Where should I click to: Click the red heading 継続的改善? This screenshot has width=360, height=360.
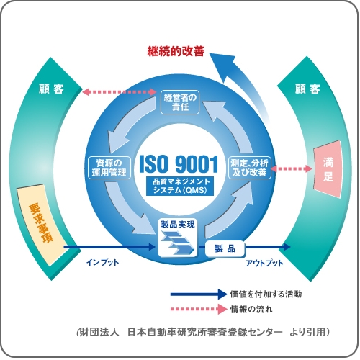[x=176, y=51]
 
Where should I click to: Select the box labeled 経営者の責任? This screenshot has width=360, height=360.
[x=180, y=102]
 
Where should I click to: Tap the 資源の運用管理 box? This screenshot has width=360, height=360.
[x=109, y=168]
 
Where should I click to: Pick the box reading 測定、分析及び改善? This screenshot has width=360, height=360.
[x=250, y=168]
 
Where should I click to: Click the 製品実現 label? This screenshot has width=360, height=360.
[x=178, y=225]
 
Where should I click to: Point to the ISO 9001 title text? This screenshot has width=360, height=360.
[x=179, y=164]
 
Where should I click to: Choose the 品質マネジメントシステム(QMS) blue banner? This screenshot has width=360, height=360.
[x=180, y=186]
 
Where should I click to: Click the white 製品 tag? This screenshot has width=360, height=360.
[x=225, y=248]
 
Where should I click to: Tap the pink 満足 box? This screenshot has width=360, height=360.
[x=328, y=169]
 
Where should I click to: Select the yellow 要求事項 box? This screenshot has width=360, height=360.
[x=41, y=225]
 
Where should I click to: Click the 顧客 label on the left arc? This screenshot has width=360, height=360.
[x=51, y=89]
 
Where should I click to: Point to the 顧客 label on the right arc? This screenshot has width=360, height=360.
[x=307, y=89]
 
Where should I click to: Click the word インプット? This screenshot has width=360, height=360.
[x=102, y=262]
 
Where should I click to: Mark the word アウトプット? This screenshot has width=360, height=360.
[x=264, y=263]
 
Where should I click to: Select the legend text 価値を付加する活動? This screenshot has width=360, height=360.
[x=266, y=294]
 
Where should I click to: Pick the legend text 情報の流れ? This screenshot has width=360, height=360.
[x=251, y=309]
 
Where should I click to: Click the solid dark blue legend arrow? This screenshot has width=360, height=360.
[x=199, y=294]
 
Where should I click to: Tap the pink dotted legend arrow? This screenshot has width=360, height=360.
[x=199, y=309]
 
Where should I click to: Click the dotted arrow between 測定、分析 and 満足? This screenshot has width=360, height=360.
[x=292, y=168]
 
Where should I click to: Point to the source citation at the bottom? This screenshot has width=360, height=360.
[x=203, y=333]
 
